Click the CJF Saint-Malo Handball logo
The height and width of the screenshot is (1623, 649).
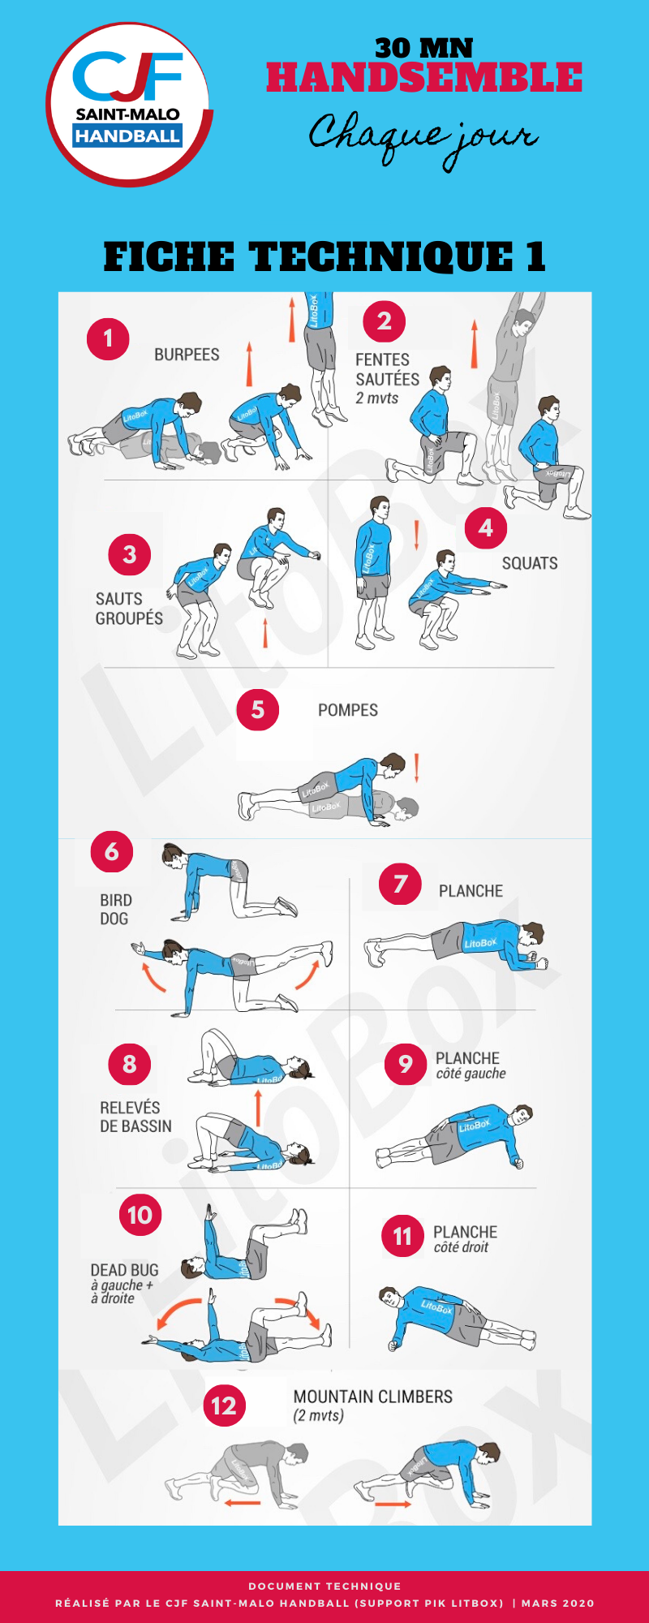click(130, 105)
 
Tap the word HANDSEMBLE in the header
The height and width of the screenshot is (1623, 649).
click(424, 78)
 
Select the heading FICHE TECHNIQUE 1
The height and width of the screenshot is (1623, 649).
click(324, 256)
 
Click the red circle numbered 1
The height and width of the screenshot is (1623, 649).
click(108, 338)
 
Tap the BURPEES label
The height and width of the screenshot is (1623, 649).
click(187, 355)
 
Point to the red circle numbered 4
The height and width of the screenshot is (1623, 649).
click(486, 528)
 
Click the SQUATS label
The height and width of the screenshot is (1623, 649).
click(530, 563)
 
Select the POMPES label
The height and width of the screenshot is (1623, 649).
click(348, 710)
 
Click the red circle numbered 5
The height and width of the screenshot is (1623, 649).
click(257, 710)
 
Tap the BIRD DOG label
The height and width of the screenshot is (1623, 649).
click(115, 910)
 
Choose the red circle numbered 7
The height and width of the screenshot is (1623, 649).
click(400, 884)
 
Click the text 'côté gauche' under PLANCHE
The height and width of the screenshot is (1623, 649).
click(471, 1074)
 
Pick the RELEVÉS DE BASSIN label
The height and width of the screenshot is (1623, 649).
click(135, 1117)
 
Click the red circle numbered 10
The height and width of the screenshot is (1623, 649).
click(140, 1215)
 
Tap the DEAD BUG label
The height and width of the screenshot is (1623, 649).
click(124, 1270)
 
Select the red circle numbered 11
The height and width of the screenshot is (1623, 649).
click(402, 1236)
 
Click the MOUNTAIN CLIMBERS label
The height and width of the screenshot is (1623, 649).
click(373, 1397)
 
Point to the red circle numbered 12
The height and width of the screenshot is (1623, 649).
click(224, 1406)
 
